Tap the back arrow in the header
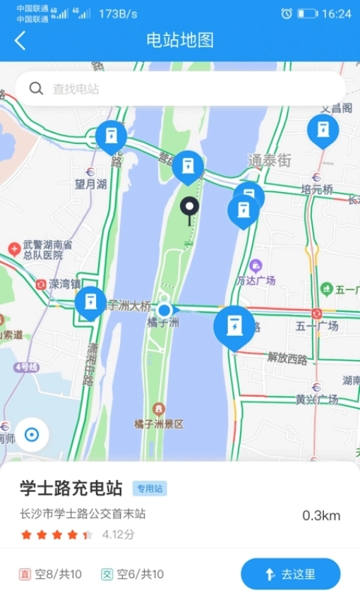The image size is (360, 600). (x=20, y=40)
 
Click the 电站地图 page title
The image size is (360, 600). (x=180, y=40)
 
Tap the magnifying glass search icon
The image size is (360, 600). (x=35, y=89)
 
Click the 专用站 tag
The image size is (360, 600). (x=150, y=488)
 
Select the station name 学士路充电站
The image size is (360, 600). (x=71, y=488)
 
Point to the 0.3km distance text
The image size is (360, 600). (x=321, y=515)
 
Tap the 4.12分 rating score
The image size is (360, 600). (x=118, y=534)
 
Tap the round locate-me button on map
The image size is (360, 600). (x=30, y=435)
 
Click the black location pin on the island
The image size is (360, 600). (x=189, y=208)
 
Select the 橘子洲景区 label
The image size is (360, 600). (x=159, y=424)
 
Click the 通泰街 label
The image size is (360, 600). (x=269, y=160)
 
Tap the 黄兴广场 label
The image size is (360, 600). (x=317, y=399)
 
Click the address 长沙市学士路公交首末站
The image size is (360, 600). (x=83, y=515)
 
